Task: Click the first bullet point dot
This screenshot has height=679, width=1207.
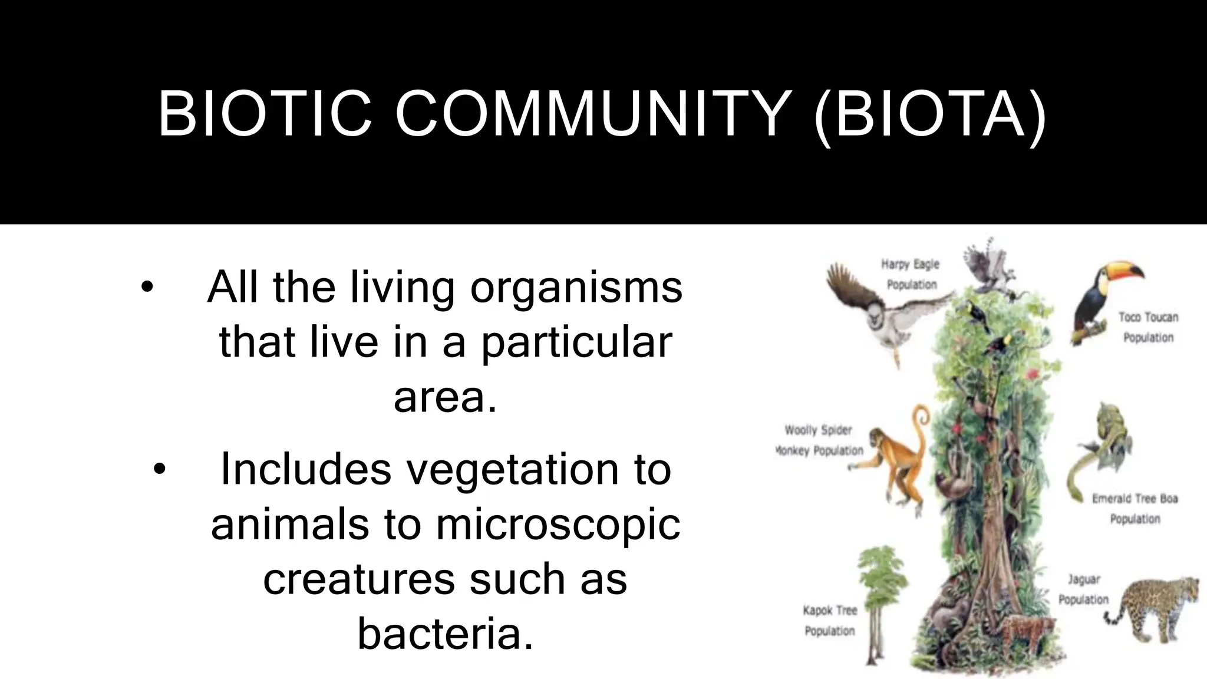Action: pyautogui.click(x=147, y=288)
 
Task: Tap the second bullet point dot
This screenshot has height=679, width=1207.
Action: pyautogui.click(x=159, y=470)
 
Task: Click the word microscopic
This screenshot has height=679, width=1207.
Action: pyautogui.click(x=558, y=525)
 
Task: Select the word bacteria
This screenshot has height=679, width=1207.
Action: pyautogui.click(x=445, y=634)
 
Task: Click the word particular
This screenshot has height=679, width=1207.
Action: pyautogui.click(x=576, y=343)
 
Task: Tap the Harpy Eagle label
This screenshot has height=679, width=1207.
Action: pyautogui.click(x=911, y=274)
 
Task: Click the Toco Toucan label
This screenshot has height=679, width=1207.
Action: pyautogui.click(x=1148, y=327)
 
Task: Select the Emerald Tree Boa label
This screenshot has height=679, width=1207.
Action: pyautogui.click(x=1135, y=509)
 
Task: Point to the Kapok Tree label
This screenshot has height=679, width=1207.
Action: pyautogui.click(x=830, y=620)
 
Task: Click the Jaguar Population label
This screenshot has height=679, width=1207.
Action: pyautogui.click(x=1083, y=589)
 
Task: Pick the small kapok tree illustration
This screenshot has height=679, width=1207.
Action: pyautogui.click(x=878, y=601)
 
